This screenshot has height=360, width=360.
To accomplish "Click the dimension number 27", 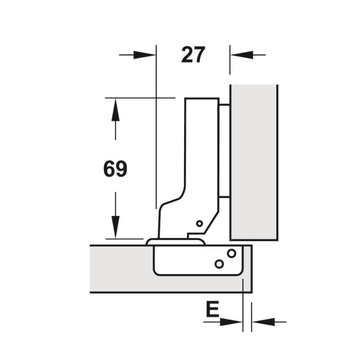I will [193, 55].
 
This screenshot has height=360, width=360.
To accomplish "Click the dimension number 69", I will [115, 169].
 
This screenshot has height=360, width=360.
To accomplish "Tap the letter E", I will [212, 310].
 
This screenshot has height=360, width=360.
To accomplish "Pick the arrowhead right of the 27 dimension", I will [238, 55].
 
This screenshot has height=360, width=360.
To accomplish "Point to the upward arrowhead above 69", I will [116, 110].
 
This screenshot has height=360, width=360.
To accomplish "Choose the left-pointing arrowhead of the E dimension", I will [261, 322].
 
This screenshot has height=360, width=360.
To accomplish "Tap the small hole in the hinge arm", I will [199, 223].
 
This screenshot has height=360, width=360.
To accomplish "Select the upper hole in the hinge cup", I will [231, 253].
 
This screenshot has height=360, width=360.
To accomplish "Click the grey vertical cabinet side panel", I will [254, 162].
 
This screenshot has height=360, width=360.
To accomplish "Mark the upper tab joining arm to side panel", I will [224, 105].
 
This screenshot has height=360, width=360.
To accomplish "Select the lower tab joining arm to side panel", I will [224, 196].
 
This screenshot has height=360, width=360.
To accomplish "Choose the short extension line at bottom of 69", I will [124, 238].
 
